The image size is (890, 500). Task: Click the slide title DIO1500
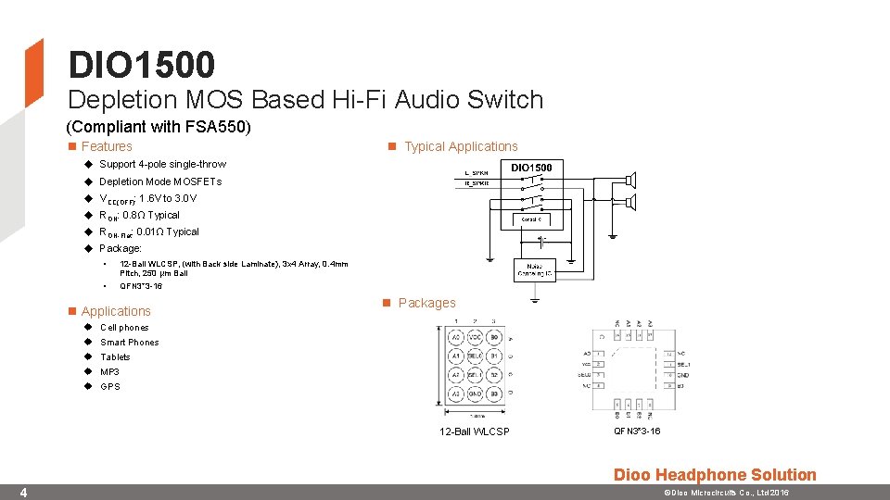pos(141,65)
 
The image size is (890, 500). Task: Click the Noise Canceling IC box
pos(535,269)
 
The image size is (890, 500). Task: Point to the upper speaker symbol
pos(630,179)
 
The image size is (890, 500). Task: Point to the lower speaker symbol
pos(630,201)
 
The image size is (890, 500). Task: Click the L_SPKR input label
pos(477,173)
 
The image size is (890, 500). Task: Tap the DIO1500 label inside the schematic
pos(531,168)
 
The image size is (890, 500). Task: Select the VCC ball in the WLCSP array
pos(475,338)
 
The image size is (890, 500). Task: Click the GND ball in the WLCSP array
pos(475,394)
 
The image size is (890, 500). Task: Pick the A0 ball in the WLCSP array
pos(456,338)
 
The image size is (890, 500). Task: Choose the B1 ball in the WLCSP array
pos(494,356)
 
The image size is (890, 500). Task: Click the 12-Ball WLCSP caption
pos(474,431)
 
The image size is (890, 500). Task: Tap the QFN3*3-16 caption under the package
pos(637,431)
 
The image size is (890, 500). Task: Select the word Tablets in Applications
pos(115,356)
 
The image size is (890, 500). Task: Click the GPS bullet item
pos(109,386)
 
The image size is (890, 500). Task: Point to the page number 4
pos(24,492)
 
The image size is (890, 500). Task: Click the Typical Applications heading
pos(461,146)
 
